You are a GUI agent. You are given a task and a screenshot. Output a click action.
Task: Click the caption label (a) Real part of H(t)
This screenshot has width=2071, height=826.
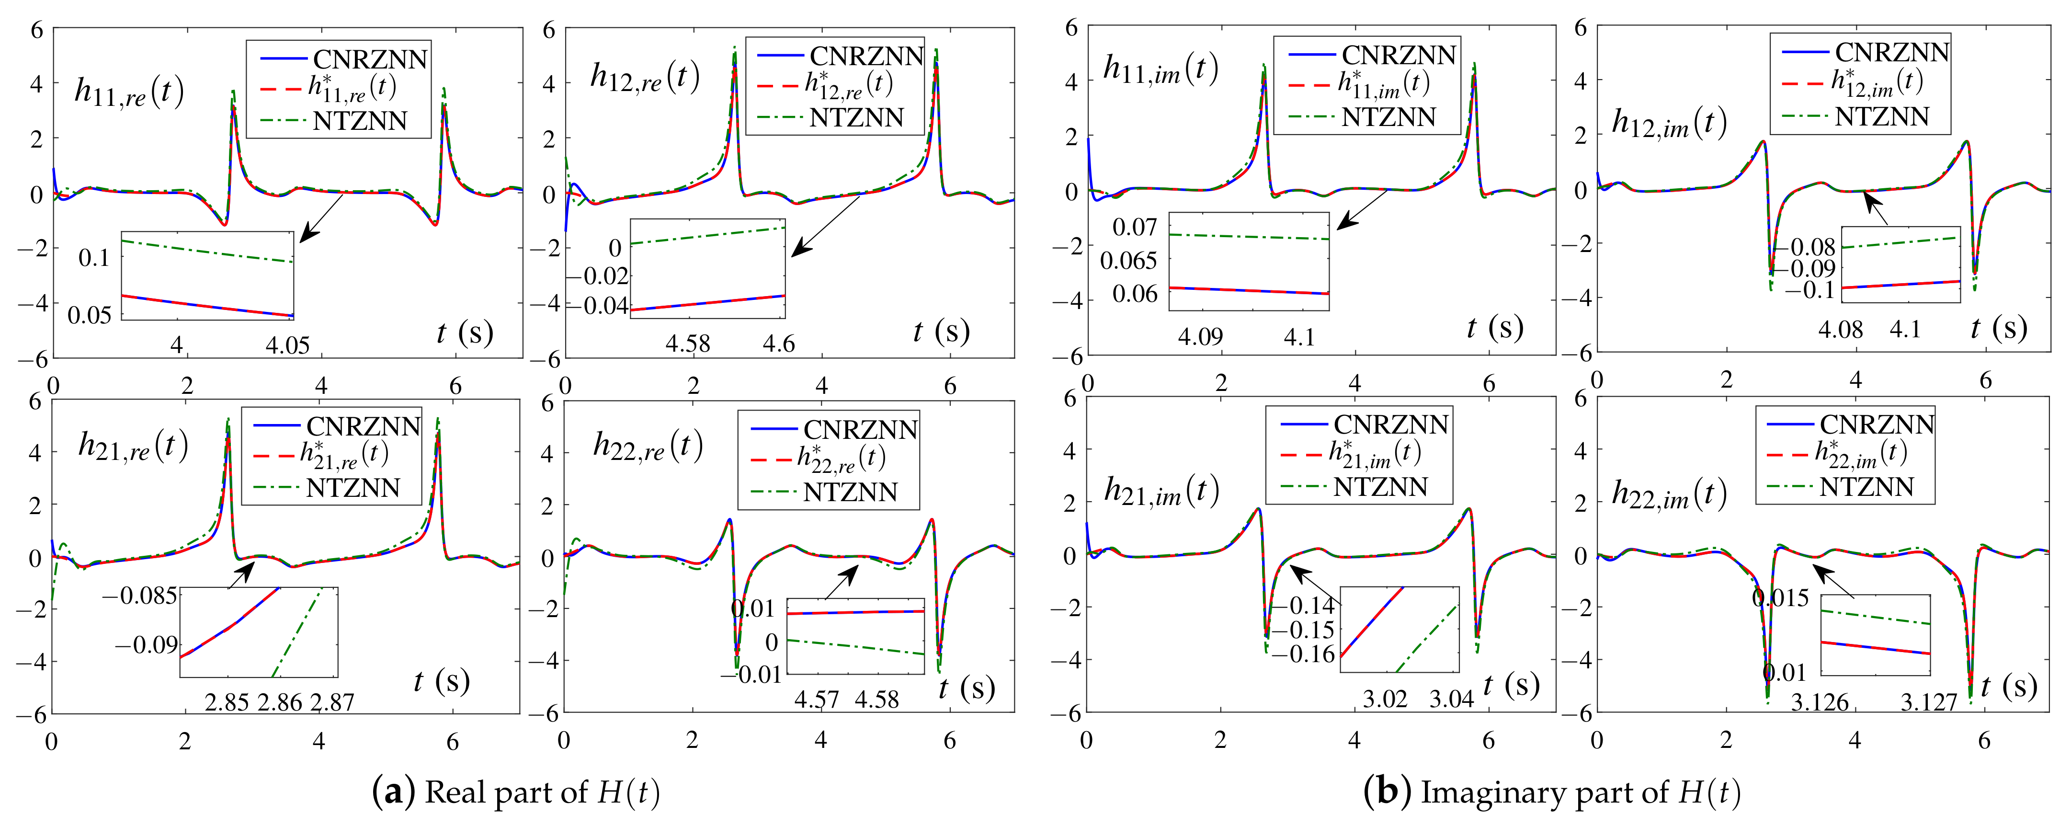516,793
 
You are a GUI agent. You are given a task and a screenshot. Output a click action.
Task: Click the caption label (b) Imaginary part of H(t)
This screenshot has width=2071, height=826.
1552,793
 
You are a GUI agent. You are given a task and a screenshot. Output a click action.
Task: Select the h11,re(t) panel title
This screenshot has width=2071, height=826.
129,92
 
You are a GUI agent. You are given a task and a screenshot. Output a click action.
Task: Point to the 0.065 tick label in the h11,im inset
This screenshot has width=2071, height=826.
1129,261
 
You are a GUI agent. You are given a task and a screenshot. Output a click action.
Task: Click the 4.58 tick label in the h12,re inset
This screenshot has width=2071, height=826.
687,344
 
